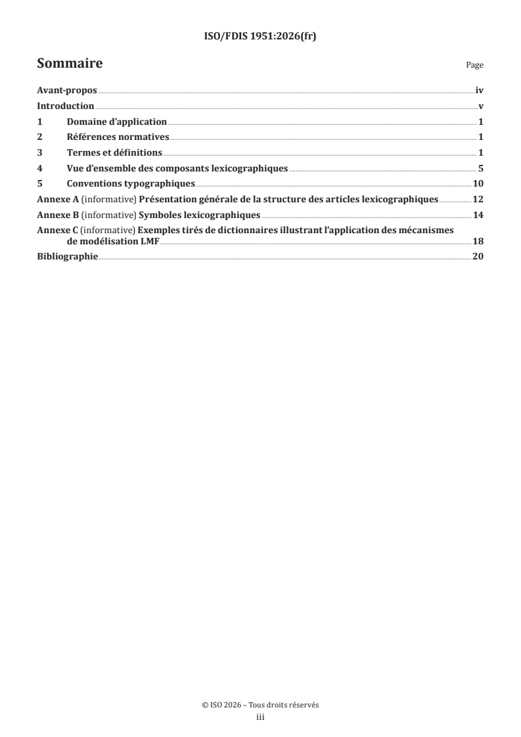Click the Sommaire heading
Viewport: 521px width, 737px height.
pyautogui.click(x=70, y=64)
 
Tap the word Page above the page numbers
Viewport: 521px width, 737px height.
pyautogui.click(x=474, y=66)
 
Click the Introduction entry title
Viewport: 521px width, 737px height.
pyautogui.click(x=66, y=106)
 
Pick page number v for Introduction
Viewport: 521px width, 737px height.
pyautogui.click(x=481, y=106)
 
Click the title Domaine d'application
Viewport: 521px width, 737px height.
pyautogui.click(x=117, y=122)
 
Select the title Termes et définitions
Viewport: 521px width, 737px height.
pyautogui.click(x=114, y=153)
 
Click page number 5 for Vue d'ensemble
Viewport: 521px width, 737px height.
pyautogui.click(x=481, y=168)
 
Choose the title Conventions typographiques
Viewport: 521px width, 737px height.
pyautogui.click(x=131, y=184)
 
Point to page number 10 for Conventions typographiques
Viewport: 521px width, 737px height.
pyautogui.click(x=478, y=184)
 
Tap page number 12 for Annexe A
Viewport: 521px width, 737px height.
pyautogui.click(x=478, y=199)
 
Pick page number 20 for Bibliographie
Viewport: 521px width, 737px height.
pyautogui.click(x=478, y=256)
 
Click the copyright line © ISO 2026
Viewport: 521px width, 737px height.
pyautogui.click(x=260, y=705)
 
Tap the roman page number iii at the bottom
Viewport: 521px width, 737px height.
pyautogui.click(x=260, y=718)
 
